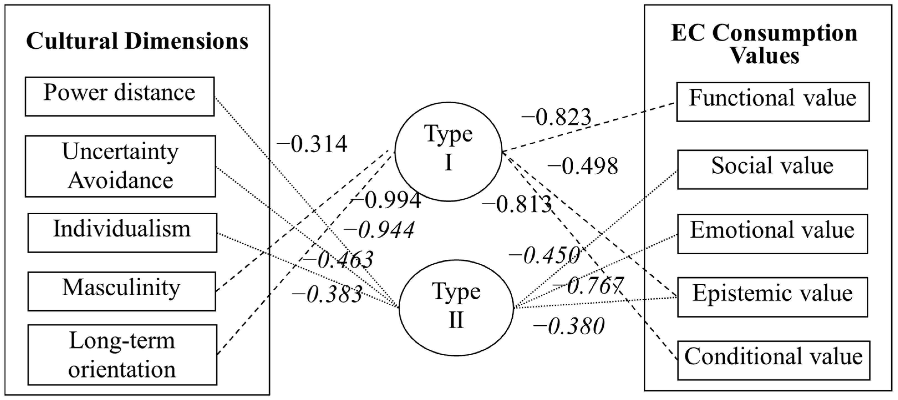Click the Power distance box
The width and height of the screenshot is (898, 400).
[119, 96]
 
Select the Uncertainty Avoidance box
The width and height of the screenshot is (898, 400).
[120, 166]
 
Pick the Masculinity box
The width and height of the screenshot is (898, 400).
[122, 291]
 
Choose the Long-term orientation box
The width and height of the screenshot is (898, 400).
[122, 355]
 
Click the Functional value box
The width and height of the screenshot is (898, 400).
[773, 102]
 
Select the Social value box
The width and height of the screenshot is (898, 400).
[772, 169]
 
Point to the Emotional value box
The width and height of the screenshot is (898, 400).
[772, 233]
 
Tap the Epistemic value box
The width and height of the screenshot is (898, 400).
[772, 297]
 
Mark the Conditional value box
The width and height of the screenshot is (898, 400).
[774, 360]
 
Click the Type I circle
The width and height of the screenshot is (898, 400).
[448, 152]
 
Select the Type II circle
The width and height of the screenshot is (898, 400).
[456, 308]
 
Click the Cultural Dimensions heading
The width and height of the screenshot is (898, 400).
[137, 41]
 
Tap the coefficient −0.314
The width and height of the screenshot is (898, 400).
[312, 144]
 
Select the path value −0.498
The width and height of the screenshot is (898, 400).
[582, 166]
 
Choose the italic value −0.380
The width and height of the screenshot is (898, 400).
[569, 327]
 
